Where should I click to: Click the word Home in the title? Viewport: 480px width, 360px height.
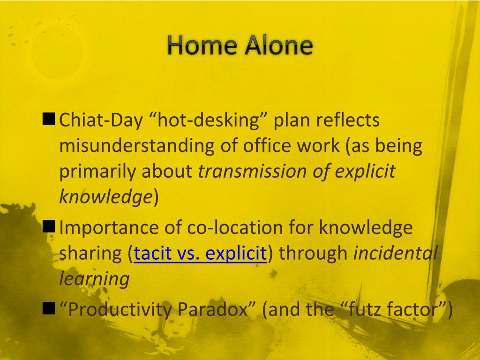(202, 45)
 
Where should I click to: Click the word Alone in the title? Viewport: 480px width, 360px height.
(278, 45)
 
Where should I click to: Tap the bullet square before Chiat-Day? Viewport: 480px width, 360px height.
(49, 119)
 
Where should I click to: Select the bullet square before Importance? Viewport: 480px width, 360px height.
(49, 226)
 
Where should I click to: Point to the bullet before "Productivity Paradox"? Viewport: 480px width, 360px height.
(49, 308)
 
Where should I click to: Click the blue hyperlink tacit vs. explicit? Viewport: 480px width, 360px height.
(200, 254)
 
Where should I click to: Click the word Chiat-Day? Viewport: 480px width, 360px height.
(101, 120)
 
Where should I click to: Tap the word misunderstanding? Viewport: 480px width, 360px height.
(136, 145)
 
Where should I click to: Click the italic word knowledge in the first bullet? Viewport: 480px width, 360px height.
(105, 197)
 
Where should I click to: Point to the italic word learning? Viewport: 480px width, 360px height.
(94, 279)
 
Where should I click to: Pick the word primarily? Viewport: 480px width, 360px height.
(97, 172)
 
